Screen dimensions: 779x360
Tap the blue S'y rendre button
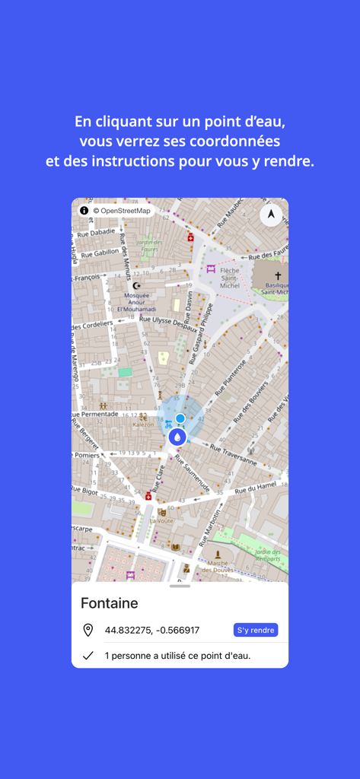pos(255,630)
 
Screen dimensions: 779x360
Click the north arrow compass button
pos(271,215)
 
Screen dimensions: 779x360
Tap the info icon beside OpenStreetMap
pos(84,210)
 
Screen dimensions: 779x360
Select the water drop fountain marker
pos(177,437)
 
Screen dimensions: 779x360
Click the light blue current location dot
pos(180,418)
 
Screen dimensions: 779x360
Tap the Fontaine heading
pos(110,603)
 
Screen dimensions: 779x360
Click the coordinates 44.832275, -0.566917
pos(152,630)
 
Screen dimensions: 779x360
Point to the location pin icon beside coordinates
pos(88,630)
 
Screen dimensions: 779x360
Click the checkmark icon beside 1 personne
pos(88,655)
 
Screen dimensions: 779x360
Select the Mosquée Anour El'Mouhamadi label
pos(136,302)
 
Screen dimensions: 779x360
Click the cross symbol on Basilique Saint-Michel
pos(278,276)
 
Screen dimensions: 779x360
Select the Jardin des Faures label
pos(149,245)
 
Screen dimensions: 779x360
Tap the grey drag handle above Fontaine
pos(180,587)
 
